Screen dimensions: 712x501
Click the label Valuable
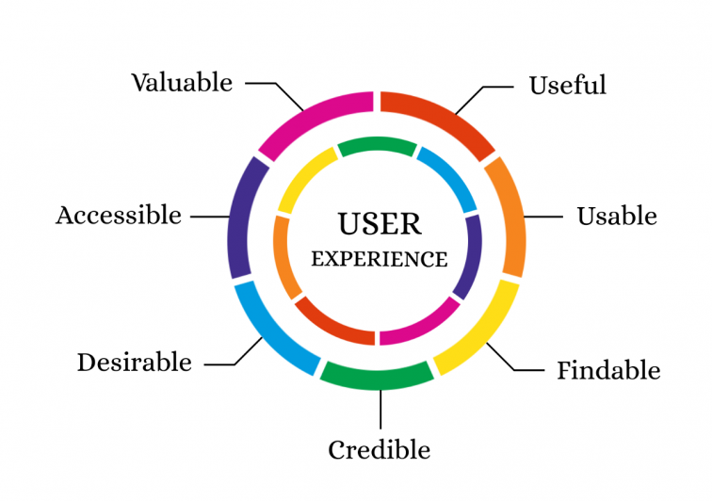coord(182,83)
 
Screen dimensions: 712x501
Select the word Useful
coord(568,85)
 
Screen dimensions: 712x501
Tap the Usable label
coord(617,217)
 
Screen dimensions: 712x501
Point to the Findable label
coord(609,370)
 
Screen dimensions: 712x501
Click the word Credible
coord(380,450)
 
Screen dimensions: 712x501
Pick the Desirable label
coord(135,363)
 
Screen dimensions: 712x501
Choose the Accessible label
coord(119,216)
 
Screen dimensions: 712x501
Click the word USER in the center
coord(380,223)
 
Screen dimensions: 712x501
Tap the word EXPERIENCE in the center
coord(380,259)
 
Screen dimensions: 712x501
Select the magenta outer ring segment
coord(309,114)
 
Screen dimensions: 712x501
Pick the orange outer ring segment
coord(511,216)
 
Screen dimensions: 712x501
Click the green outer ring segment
coord(377,377)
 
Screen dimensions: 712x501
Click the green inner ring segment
coord(377,145)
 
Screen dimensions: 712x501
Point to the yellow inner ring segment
coord(303,176)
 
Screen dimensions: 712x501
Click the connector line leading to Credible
coord(380,410)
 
